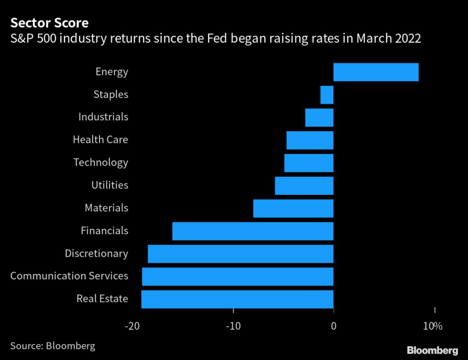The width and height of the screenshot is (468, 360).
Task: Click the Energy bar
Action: click(x=376, y=72)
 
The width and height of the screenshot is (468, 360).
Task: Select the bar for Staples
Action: click(x=327, y=95)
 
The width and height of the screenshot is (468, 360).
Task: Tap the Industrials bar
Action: click(x=319, y=118)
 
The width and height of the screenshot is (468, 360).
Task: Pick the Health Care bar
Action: click(x=310, y=140)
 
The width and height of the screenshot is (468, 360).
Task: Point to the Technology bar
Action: click(x=308, y=163)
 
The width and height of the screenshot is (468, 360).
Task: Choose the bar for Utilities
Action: click(x=304, y=186)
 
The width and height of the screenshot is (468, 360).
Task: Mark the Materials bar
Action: click(x=293, y=208)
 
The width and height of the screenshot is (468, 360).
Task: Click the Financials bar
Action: click(x=253, y=231)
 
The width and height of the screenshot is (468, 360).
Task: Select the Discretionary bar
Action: click(x=240, y=254)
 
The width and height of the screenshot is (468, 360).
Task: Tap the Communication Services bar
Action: click(x=238, y=276)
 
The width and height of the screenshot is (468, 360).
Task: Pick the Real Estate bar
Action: click(x=237, y=299)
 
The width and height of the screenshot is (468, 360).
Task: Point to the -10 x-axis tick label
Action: click(x=234, y=326)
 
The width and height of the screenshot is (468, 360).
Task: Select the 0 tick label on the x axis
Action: click(x=334, y=326)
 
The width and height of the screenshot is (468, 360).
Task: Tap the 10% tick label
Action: click(x=433, y=326)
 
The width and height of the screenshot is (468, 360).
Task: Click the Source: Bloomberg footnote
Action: click(x=53, y=345)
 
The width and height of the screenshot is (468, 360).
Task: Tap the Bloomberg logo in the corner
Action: click(x=432, y=350)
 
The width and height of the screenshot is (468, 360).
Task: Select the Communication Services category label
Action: click(x=69, y=276)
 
